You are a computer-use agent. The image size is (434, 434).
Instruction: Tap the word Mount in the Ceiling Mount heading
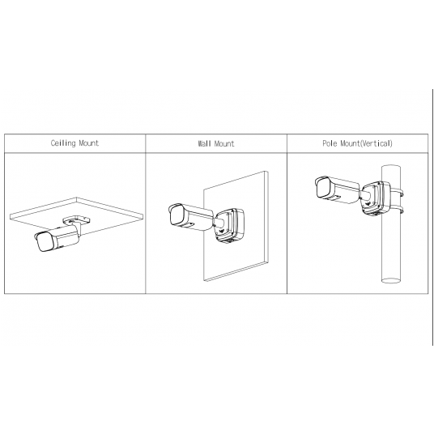click(88, 143)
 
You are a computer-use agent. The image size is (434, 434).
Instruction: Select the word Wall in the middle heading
click(205, 143)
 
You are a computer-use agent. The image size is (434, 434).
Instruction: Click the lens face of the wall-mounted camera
click(174, 215)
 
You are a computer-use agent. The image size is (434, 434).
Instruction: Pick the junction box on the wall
click(231, 224)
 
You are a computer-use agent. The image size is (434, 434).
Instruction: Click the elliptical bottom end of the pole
click(392, 281)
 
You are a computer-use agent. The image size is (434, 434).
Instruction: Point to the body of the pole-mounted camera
click(341, 191)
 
